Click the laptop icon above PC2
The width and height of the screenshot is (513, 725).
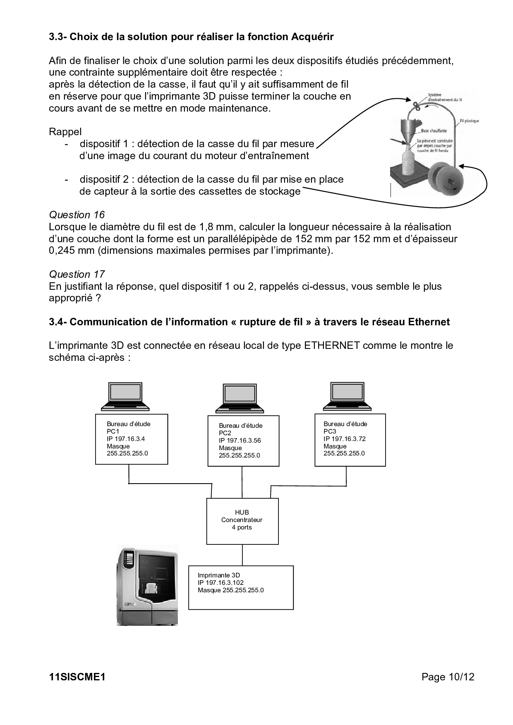tap(240, 398)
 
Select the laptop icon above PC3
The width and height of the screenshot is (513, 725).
tap(348, 396)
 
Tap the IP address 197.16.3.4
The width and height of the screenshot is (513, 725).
tap(130, 439)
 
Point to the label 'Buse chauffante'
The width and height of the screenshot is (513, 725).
tap(434, 131)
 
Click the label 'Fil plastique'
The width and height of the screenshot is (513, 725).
tap(469, 121)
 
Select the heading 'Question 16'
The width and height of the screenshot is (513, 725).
tap(77, 215)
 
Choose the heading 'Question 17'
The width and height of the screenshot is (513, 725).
tap(77, 274)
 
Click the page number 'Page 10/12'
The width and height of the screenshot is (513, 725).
tap(448, 677)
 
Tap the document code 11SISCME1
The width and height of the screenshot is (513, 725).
tap(77, 677)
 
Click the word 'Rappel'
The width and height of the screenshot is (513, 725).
tap(65, 132)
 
